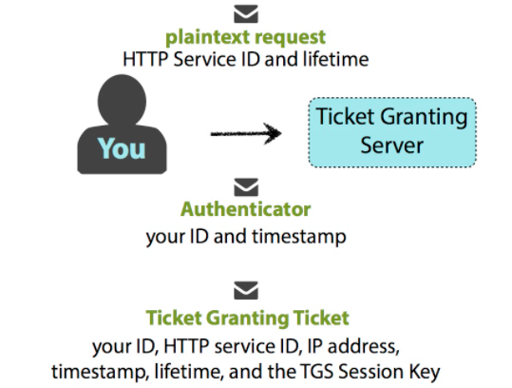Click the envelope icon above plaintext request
point(246,13)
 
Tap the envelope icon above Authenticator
point(246,187)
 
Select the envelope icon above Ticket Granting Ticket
point(246,290)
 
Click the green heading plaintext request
point(245,38)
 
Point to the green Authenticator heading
point(245,209)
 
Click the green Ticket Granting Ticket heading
point(248,318)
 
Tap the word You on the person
point(122,148)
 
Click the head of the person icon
point(122,100)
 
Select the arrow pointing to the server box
point(246,133)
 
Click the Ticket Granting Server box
point(392,132)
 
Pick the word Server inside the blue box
point(391,145)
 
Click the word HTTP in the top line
point(145,60)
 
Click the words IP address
point(353,346)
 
